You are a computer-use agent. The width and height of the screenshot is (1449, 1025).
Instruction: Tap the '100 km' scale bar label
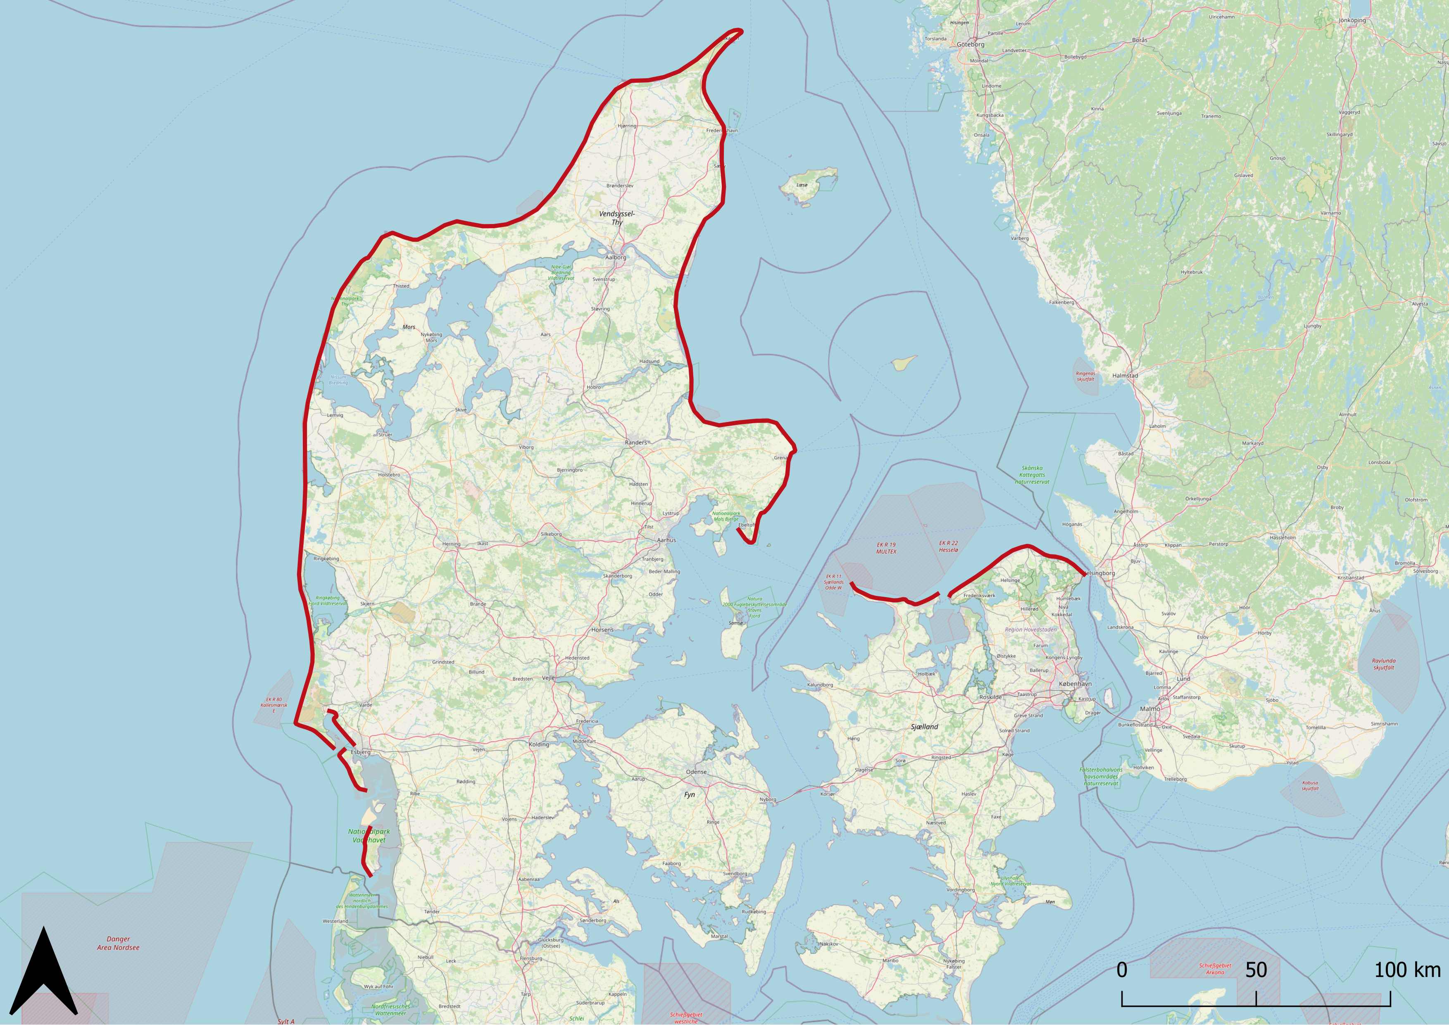point(1407,970)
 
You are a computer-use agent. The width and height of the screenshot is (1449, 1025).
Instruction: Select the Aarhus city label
point(666,540)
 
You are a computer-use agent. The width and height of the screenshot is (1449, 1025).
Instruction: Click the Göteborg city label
point(970,45)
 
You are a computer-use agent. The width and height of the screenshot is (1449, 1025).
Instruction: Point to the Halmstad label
point(1125,376)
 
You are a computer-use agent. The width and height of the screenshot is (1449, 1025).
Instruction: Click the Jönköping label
point(1352,20)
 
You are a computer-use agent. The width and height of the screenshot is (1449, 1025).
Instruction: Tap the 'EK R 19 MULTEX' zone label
point(886,548)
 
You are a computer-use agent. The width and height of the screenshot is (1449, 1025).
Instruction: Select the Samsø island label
point(736,623)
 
